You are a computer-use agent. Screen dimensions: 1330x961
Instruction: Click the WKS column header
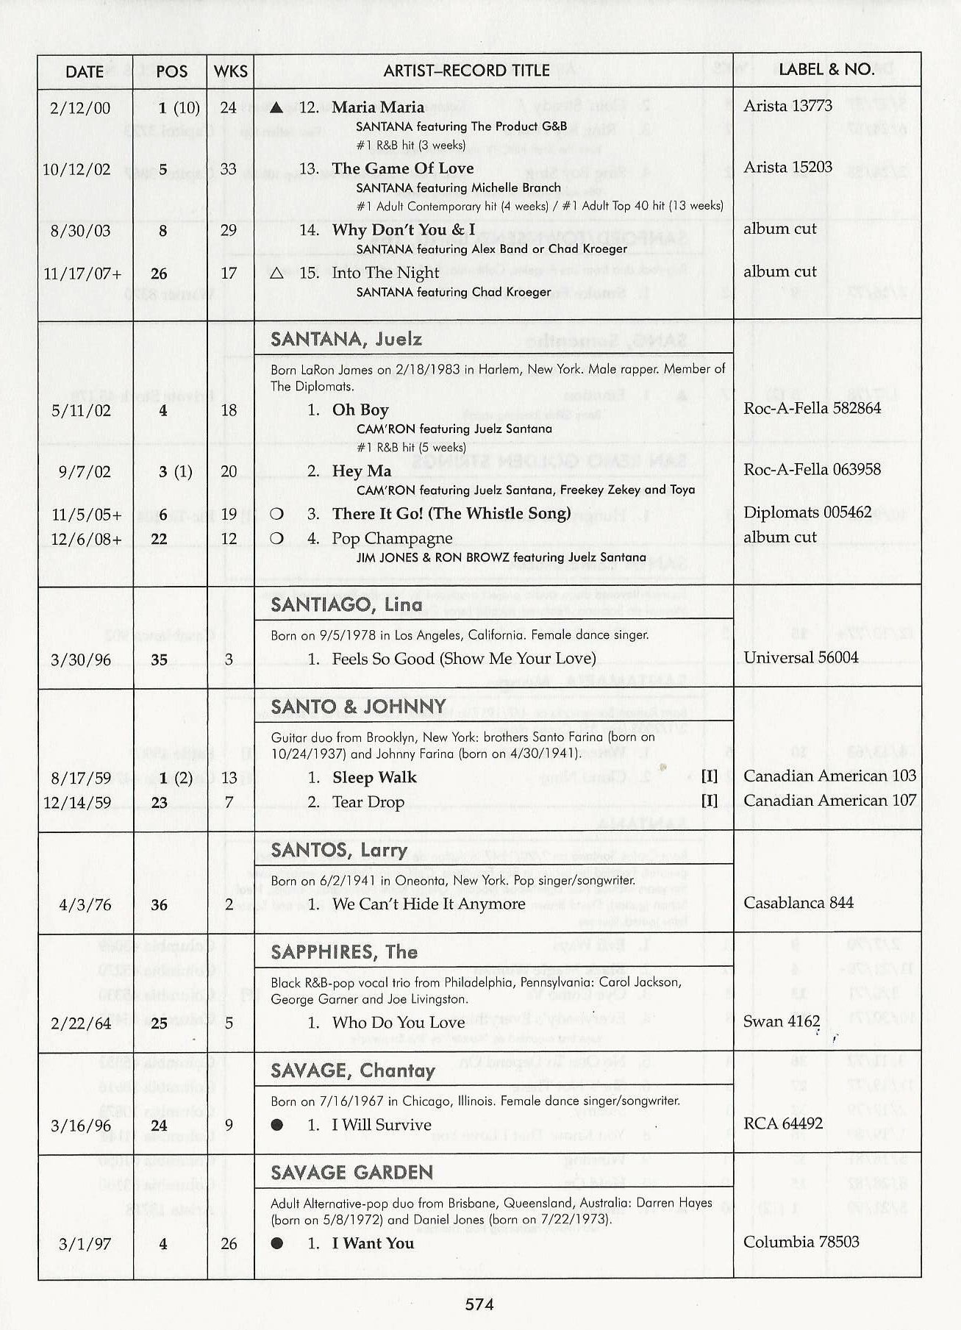pyautogui.click(x=230, y=71)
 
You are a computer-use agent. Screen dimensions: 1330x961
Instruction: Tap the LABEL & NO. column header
pyautogui.click(x=826, y=70)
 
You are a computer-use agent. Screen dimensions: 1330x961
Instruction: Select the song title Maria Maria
pyautogui.click(x=378, y=107)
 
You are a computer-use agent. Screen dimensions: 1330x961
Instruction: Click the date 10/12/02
pyautogui.click(x=76, y=170)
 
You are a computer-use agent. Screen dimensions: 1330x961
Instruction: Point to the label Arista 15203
pyautogui.click(x=787, y=168)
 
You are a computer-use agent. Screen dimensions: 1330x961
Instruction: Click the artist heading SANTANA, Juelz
pyautogui.click(x=346, y=339)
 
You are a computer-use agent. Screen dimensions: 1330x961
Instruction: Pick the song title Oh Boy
pyautogui.click(x=360, y=410)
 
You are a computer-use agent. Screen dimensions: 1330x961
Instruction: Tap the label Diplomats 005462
pyautogui.click(x=807, y=512)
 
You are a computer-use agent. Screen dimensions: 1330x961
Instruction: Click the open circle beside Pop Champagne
pyautogui.click(x=276, y=538)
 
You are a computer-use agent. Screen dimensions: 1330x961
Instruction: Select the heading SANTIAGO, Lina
pyautogui.click(x=346, y=604)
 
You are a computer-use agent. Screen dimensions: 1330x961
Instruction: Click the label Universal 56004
pyautogui.click(x=801, y=657)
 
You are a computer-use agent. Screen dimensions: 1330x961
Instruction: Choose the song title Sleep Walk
pyautogui.click(x=374, y=777)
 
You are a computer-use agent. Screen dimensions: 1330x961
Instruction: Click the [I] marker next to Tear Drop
pyautogui.click(x=709, y=801)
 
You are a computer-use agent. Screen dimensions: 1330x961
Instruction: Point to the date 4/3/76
pyautogui.click(x=85, y=905)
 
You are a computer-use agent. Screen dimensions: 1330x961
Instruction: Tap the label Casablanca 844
pyautogui.click(x=799, y=903)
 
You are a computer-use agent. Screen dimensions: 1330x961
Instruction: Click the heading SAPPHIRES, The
pyautogui.click(x=344, y=952)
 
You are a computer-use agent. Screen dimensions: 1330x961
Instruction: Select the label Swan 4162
pyautogui.click(x=782, y=1021)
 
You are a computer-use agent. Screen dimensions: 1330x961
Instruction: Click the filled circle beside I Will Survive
pyautogui.click(x=276, y=1125)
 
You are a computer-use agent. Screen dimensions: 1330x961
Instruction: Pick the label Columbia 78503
pyautogui.click(x=801, y=1242)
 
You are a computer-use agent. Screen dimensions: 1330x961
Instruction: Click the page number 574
pyautogui.click(x=479, y=1304)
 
